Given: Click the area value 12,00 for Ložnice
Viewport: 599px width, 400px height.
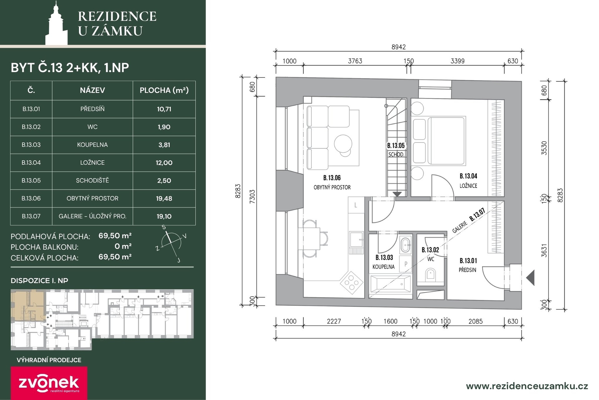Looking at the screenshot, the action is coord(164,163).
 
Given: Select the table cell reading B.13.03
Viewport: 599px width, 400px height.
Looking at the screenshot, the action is coord(31,145).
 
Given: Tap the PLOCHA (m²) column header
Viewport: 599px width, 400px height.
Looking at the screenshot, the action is coord(164,90).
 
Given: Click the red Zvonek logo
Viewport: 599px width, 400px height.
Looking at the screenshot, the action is coord(49,383).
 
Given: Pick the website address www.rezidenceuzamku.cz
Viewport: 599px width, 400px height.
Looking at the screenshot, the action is coord(527,386).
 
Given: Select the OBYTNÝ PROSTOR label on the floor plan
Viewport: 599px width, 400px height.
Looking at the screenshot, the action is coord(332,187).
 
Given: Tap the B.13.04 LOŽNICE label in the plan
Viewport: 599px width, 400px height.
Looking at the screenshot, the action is coord(468,181).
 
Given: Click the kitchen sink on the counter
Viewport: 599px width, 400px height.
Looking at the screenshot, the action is coord(356,239).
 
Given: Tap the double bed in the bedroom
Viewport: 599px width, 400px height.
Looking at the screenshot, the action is coord(446,140).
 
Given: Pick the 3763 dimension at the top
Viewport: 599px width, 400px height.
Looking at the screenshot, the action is coord(355,61).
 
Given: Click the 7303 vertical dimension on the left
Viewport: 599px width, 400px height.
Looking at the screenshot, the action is coord(252,197).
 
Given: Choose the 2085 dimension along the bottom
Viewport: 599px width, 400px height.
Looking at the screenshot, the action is coord(475,321).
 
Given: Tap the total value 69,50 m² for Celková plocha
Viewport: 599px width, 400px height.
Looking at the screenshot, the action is coord(115,257).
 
